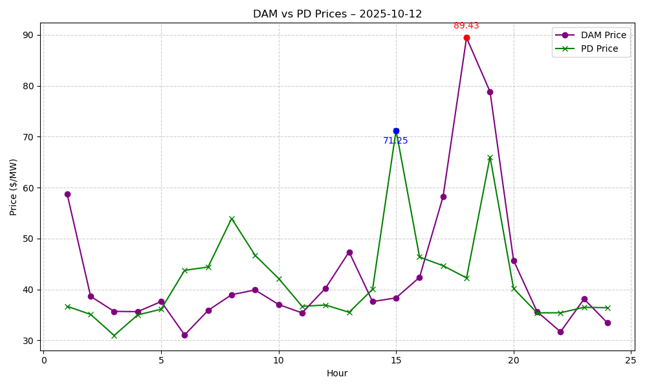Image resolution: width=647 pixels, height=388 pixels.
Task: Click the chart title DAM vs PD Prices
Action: click(337, 14)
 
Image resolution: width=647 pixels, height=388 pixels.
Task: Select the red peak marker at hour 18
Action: click(466, 38)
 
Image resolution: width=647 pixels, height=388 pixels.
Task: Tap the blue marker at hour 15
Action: click(396, 131)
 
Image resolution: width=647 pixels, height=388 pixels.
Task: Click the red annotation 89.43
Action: click(466, 26)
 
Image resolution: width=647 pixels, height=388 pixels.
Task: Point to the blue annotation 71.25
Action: click(396, 141)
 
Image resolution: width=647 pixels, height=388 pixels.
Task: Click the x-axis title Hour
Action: click(337, 373)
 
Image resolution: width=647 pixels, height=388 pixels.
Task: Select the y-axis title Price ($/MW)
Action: click(14, 187)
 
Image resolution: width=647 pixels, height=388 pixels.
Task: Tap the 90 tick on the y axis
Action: click(29, 35)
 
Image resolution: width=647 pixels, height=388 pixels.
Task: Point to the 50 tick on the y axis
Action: click(29, 239)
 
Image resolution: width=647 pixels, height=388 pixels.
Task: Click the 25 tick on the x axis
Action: click(631, 360)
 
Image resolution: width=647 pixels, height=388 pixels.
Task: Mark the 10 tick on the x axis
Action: click(279, 360)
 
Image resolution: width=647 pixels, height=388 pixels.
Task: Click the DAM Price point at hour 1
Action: click(67, 194)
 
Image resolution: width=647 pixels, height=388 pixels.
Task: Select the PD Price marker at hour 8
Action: click(232, 219)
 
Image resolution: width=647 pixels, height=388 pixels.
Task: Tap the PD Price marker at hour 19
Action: click(490, 157)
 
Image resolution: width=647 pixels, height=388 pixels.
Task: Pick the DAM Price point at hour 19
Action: click(490, 92)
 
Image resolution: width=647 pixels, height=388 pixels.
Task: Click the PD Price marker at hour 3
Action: click(114, 336)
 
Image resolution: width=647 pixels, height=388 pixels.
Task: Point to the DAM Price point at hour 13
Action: click(349, 252)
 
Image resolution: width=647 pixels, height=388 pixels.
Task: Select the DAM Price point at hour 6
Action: click(184, 335)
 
